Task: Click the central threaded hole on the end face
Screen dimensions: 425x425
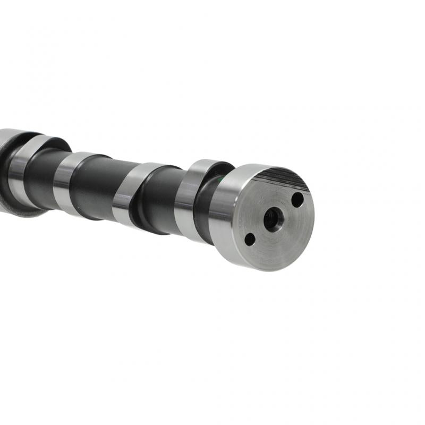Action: coord(272,218)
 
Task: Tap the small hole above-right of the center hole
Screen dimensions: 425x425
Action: coord(297,200)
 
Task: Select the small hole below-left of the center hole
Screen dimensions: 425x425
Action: coord(249,239)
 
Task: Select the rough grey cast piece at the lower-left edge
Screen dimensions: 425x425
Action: coord(21,210)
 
